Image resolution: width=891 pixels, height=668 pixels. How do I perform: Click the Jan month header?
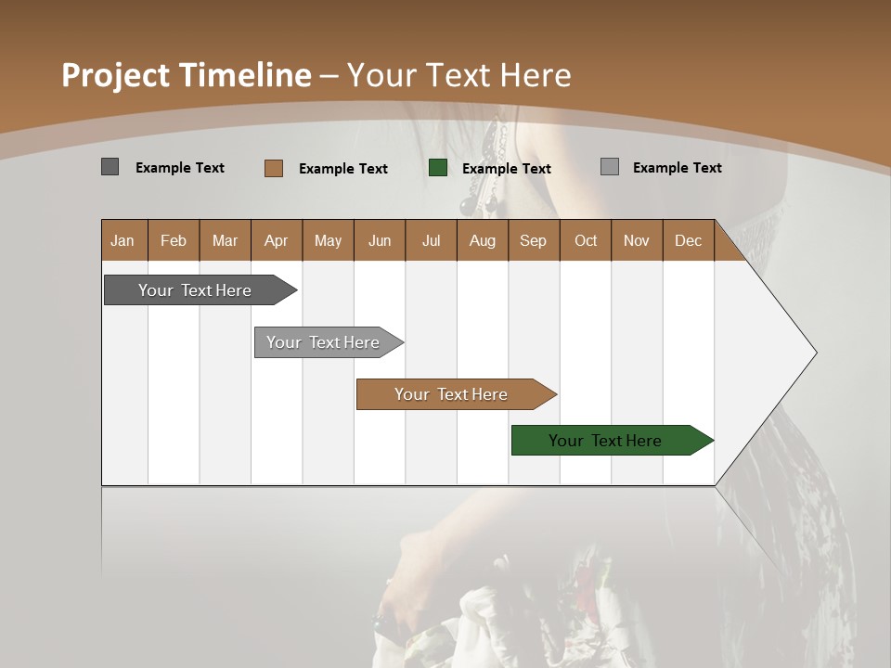pos(123,240)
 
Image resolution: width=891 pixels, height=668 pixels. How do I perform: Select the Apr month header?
pos(277,240)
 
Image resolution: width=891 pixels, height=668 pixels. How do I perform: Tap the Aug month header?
pos(482,240)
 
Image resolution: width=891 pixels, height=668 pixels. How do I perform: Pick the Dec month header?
pos(688,240)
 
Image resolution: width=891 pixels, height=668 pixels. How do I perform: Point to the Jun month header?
pos(380,240)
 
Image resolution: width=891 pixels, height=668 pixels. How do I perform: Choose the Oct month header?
pos(586,240)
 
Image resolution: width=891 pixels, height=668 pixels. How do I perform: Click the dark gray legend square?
pos(110,167)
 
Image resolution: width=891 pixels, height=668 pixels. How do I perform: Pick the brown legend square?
pos(273,168)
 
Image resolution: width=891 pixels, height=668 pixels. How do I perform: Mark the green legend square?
pos(438,168)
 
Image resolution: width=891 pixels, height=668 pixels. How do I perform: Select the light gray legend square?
pos(609,167)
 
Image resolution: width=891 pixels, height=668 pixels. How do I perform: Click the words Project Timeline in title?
pos(186,75)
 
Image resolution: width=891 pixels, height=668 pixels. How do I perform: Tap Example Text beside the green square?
pos(506,168)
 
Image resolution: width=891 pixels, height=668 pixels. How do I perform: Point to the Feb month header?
pos(174,240)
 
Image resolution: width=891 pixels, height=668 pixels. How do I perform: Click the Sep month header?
pos(533,240)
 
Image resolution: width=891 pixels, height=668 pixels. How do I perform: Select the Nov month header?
pos(637,240)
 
